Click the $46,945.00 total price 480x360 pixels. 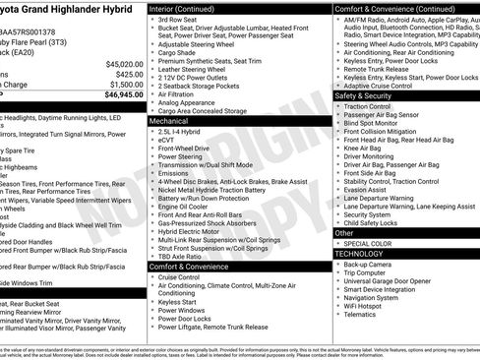tap(117, 95)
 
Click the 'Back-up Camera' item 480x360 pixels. tap(368, 265)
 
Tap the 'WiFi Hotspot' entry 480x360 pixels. tap(365, 306)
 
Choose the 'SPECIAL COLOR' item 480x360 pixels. tap(368, 244)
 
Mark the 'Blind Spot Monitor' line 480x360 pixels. tap(374, 122)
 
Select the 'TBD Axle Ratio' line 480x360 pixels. tap(181, 257)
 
